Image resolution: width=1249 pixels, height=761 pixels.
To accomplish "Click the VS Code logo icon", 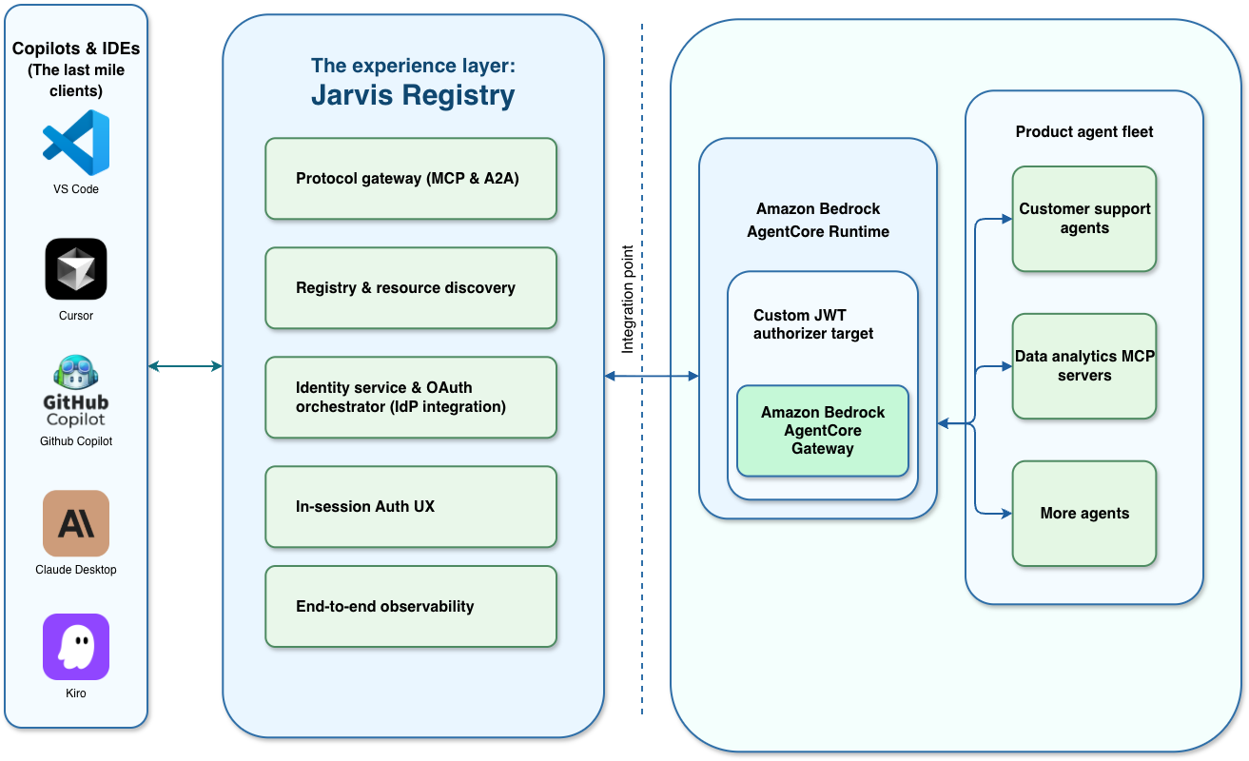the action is (76, 143).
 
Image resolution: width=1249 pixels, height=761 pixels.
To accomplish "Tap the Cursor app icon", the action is (76, 268).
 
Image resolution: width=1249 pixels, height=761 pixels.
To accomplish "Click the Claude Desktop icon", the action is (76, 523).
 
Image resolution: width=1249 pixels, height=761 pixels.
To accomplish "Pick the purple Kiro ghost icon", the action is (76, 647).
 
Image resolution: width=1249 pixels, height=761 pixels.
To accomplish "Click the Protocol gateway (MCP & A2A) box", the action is (411, 179).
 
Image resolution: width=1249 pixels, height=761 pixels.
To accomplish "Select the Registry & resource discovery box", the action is (411, 287).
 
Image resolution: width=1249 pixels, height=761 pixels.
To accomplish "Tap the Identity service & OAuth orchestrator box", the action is (411, 397).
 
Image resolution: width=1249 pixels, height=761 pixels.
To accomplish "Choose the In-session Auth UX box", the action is (411, 506).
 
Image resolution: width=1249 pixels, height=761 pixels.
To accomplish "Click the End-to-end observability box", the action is (411, 606).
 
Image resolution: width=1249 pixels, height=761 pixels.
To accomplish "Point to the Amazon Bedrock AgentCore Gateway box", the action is (823, 430).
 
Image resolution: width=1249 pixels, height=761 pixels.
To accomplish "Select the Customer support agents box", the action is (1083, 219).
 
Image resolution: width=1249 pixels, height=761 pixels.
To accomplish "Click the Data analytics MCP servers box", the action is (1083, 365).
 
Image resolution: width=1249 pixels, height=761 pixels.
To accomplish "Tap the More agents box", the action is (1083, 513).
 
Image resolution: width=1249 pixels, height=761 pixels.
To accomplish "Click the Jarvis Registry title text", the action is (413, 95).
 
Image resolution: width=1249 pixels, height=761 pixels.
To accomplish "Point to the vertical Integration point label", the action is (628, 300).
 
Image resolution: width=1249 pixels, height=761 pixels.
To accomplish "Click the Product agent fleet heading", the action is (1083, 131).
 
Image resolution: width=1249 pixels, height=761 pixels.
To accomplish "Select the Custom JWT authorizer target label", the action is (813, 324).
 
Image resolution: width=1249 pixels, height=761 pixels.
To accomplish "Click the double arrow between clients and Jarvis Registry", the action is (185, 366).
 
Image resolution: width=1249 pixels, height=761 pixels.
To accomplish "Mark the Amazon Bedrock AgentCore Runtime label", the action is (818, 220).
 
